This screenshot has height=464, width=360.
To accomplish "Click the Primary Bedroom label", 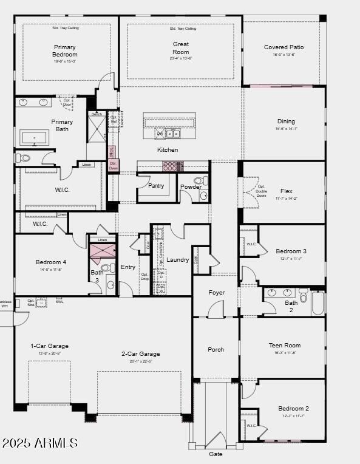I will [x=65, y=50].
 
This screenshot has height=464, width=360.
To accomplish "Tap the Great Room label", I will [x=180, y=48].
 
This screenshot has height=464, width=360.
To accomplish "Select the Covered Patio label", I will [x=284, y=47].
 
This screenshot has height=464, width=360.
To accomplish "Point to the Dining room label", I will [x=286, y=121].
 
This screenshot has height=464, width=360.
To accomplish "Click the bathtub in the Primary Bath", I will [x=35, y=137].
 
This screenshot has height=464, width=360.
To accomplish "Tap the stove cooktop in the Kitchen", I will [x=171, y=165].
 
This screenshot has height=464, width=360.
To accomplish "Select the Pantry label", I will [x=156, y=186].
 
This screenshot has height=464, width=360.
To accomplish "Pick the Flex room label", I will [x=286, y=191].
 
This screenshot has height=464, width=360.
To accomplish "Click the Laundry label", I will [x=178, y=260].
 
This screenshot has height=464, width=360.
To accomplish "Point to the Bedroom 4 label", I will [x=51, y=262].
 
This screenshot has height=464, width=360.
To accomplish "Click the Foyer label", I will [x=217, y=293].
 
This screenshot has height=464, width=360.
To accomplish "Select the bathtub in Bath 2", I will [x=318, y=302].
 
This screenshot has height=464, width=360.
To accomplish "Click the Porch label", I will [x=216, y=350].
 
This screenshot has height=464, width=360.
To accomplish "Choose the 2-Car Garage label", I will [x=141, y=354].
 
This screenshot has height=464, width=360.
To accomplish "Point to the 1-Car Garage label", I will [x=50, y=346].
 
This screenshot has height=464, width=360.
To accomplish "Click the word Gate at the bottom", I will [x=216, y=454].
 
